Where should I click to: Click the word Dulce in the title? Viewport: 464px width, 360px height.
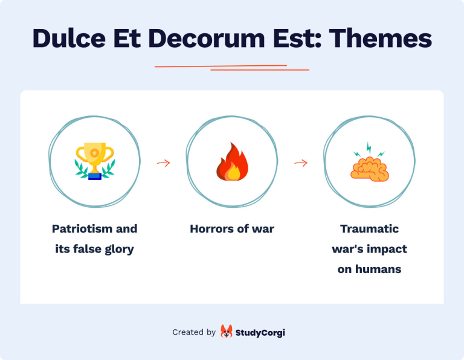click(66, 38)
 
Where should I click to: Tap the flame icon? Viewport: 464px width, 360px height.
click(232, 162)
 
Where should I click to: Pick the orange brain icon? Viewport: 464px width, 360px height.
click(369, 168)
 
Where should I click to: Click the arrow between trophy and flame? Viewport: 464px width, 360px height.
click(163, 163)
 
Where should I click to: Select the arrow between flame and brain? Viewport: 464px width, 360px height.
click(300, 163)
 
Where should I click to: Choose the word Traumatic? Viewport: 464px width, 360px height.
click(369, 229)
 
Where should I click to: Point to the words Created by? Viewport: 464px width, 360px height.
click(194, 332)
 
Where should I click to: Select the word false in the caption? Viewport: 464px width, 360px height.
click(90, 249)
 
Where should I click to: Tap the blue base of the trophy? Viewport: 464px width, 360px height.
click(94, 176)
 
